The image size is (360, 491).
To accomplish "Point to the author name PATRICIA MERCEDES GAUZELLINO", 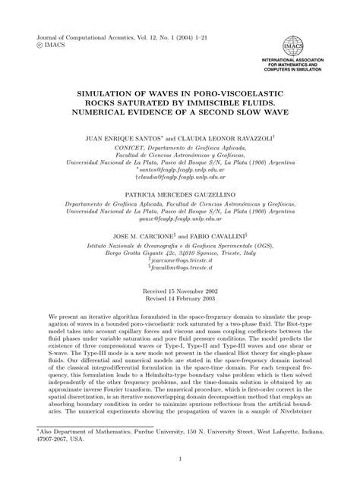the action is [x=180, y=174].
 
